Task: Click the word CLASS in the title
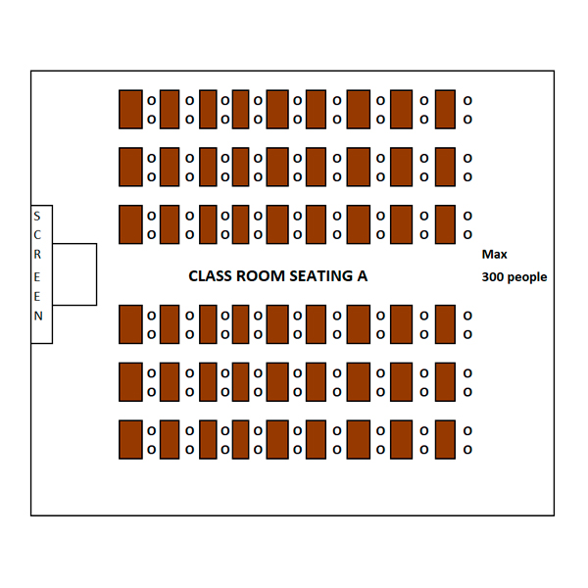211,276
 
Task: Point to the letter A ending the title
363,276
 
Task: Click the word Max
494,255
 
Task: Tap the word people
527,278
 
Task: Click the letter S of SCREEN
37,217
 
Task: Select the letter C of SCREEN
37,235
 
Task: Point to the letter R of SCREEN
37,255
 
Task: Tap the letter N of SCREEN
38,317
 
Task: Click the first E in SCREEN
37,277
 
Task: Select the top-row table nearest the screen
130,109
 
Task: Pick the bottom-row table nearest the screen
130,439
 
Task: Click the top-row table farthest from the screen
445,109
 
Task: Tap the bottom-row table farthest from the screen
445,439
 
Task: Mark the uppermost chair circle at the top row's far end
467,101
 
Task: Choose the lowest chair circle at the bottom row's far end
467,449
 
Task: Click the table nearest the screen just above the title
130,224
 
